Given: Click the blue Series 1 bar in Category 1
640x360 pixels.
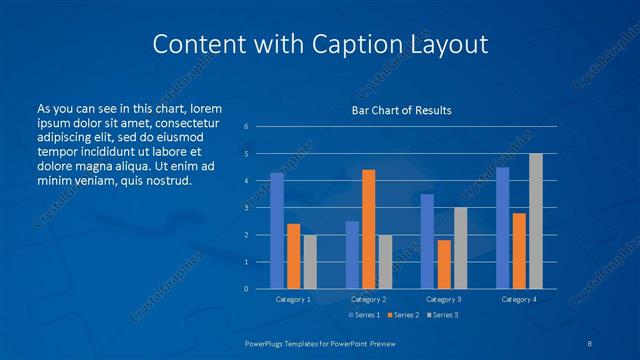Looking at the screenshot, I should click(x=277, y=231).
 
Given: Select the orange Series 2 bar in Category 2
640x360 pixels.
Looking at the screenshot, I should click(x=369, y=229).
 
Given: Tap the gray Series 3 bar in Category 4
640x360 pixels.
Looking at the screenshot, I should click(x=536, y=221).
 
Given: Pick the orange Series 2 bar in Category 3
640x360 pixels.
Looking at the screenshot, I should click(x=444, y=264).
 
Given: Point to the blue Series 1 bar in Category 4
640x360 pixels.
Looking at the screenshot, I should click(x=503, y=228).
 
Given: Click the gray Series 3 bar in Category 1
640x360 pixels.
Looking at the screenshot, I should click(x=310, y=262).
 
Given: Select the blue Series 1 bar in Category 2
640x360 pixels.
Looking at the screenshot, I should click(x=352, y=255).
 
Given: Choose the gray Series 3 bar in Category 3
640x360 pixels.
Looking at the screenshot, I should click(x=460, y=248).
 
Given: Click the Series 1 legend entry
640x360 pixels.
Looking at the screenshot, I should click(x=363, y=315).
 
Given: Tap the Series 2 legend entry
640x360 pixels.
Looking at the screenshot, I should click(x=402, y=315).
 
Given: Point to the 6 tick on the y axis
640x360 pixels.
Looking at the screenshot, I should click(x=246, y=126).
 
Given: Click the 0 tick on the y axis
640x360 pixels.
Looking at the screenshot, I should click(x=246, y=289).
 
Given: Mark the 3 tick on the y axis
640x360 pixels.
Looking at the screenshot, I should click(x=246, y=208).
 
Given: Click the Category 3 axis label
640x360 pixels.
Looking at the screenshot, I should click(x=444, y=299).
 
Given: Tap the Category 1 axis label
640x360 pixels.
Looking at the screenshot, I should click(x=294, y=299).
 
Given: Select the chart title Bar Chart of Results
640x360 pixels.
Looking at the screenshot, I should click(x=401, y=110).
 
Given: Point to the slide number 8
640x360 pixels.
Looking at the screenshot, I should click(x=590, y=343).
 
